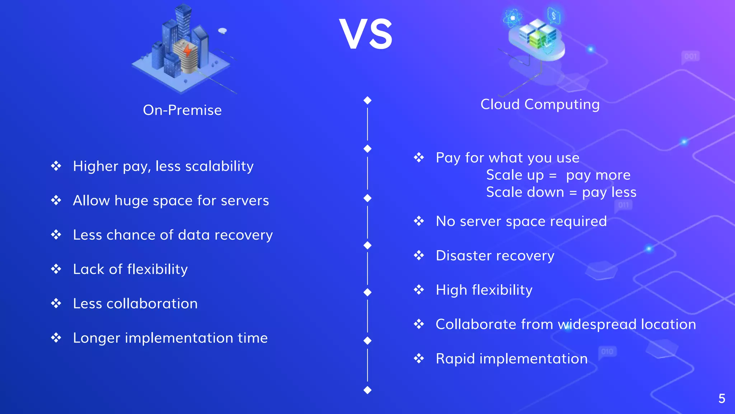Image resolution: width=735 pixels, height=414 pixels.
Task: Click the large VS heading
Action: pyautogui.click(x=366, y=34)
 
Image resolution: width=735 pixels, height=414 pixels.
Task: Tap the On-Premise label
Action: pyautogui.click(x=182, y=110)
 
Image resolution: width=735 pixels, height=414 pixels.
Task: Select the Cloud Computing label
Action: pyautogui.click(x=540, y=104)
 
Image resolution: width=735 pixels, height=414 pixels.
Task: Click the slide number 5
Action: pyautogui.click(x=722, y=399)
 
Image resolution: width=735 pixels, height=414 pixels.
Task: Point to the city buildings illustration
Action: pyautogui.click(x=181, y=49)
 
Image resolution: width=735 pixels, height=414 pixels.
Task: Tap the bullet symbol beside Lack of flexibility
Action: pyautogui.click(x=56, y=269)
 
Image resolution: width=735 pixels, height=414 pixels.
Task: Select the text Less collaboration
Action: pyautogui.click(x=135, y=304)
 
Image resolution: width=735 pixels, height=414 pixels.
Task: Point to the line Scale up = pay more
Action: pyautogui.click(x=558, y=175)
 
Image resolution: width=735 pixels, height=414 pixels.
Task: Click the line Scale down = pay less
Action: pyautogui.click(x=561, y=192)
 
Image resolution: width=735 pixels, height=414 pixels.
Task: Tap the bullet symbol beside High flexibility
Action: pyautogui.click(x=419, y=290)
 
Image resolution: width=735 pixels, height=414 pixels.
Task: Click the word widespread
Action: pyautogui.click(x=597, y=325)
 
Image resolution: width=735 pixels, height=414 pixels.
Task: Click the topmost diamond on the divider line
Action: pyautogui.click(x=367, y=100)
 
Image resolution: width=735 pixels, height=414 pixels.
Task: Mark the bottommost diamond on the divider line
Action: pyautogui.click(x=367, y=390)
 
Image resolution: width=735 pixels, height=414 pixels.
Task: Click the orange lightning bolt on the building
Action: pyautogui.click(x=187, y=50)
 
